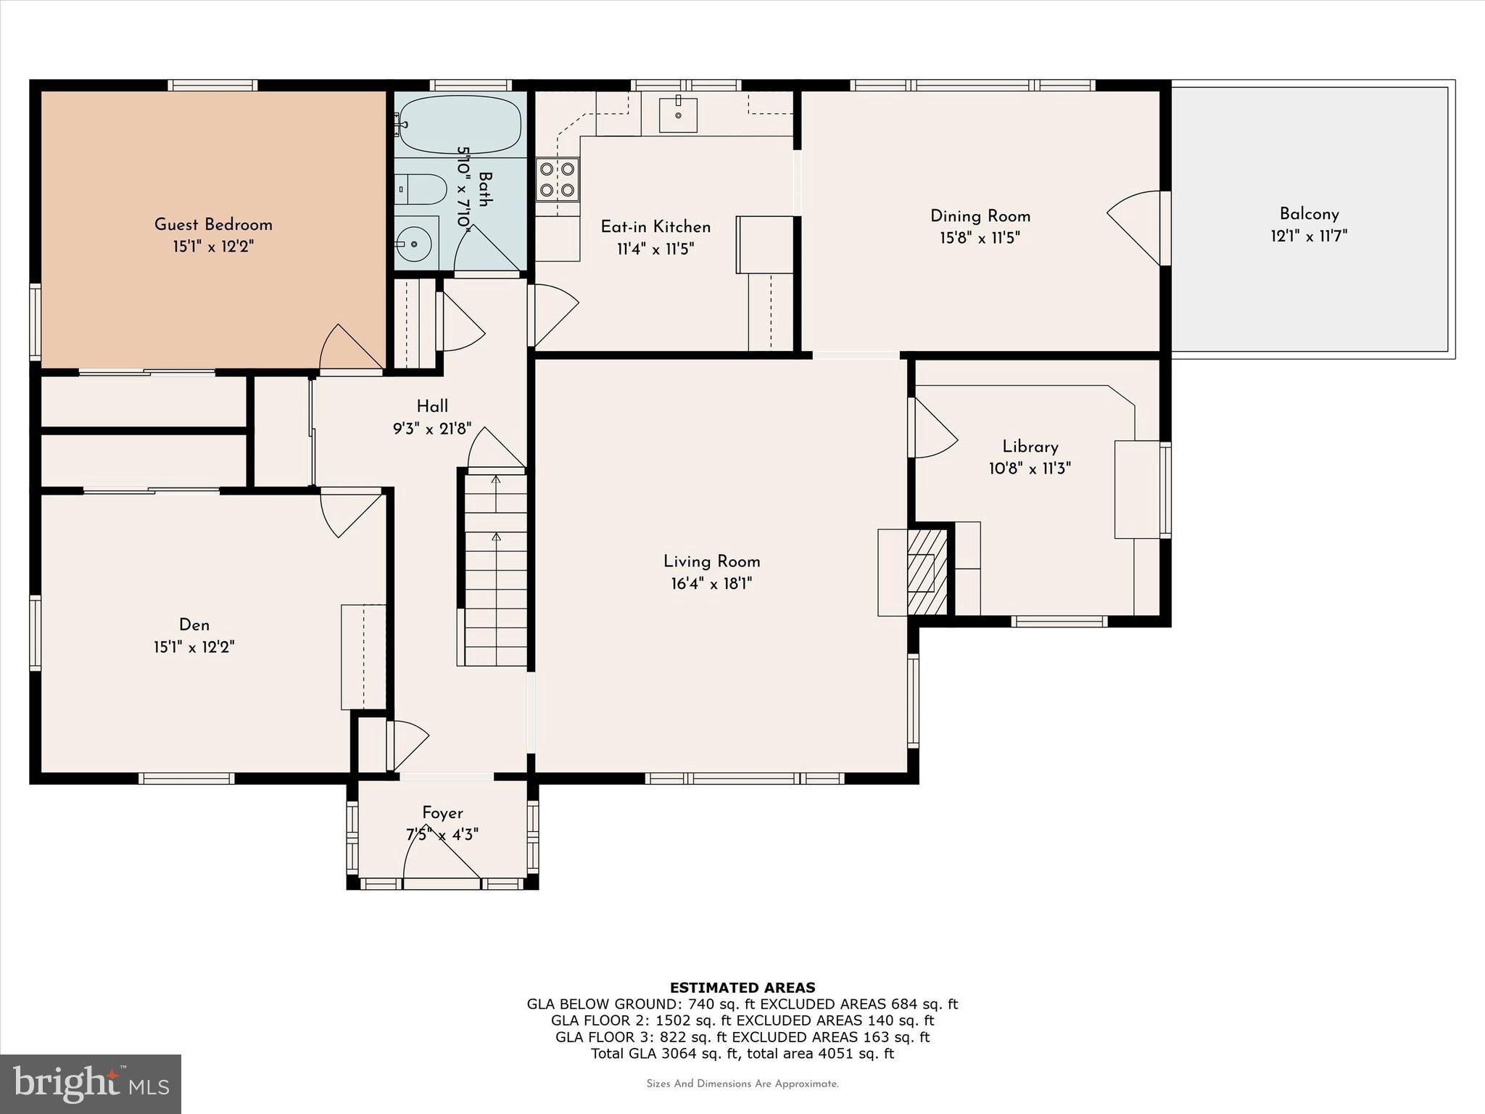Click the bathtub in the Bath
coord(460,124)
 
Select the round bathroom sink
coord(415,242)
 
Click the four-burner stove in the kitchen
coord(558,180)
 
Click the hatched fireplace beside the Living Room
coord(927,572)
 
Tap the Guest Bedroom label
coord(213,225)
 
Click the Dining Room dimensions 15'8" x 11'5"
coord(980,238)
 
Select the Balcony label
coord(1309,214)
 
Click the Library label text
coord(1030,447)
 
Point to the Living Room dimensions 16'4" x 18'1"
coord(711,584)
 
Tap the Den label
coord(194,625)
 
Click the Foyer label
coord(442,813)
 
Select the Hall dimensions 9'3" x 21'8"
coord(432,429)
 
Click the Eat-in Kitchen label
coord(655,227)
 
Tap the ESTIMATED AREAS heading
coord(742,988)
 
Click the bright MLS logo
coord(91,1084)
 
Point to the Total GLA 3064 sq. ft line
coord(742,1054)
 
